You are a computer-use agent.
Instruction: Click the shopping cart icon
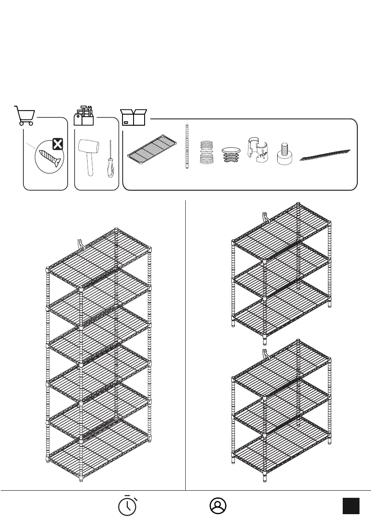point(25,116)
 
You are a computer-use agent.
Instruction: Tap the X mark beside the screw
point(57,144)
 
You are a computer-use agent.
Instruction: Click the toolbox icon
point(84,116)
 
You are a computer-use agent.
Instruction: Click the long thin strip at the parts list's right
point(325,155)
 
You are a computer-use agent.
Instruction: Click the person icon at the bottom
point(218,506)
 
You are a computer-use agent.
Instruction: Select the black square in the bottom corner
point(351,506)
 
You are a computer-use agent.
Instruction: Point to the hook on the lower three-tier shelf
point(265,354)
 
